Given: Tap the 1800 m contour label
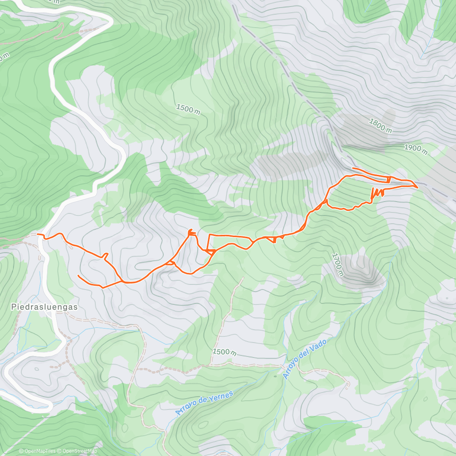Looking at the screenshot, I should pos(380,125).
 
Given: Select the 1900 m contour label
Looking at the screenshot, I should pos(415,149).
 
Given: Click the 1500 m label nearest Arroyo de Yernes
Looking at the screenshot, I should pos(224,352).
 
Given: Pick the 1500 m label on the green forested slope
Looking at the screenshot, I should pos(188,109).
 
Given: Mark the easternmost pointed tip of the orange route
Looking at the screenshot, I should pos(418,187).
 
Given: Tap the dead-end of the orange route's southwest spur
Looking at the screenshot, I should pos(78,275).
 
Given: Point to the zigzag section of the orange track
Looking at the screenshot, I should pos(377,193).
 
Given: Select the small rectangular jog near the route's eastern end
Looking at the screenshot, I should pos(388,179).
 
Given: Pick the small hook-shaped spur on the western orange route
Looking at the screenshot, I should pos(106,255).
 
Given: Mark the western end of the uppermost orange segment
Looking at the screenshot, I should pos(353,168).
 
